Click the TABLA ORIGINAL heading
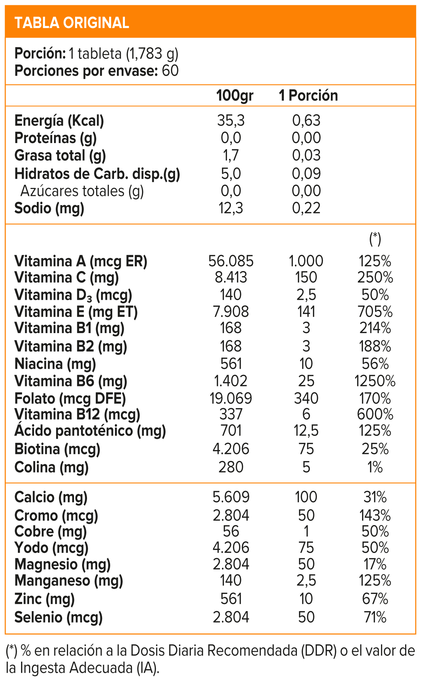tap(72, 23)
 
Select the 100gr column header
tap(235, 95)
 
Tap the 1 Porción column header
tap(308, 95)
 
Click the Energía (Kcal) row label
tap(59, 121)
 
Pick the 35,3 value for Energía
tap(231, 121)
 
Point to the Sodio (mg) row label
tap(49, 208)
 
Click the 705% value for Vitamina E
tap(375, 311)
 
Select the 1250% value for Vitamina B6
tap(375, 381)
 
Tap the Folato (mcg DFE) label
tap(70, 398)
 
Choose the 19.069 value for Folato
tap(231, 398)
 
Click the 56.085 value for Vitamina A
tap(231, 261)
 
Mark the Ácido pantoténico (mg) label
tap(90, 431)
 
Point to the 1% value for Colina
tap(375, 467)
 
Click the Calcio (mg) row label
tap(51, 497)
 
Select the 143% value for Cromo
tap(375, 515)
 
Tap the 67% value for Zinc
tap(375, 599)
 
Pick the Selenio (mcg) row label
tap(59, 617)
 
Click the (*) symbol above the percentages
tap(375, 239)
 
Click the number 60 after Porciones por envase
tap(171, 71)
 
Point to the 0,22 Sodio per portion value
tap(306, 208)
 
